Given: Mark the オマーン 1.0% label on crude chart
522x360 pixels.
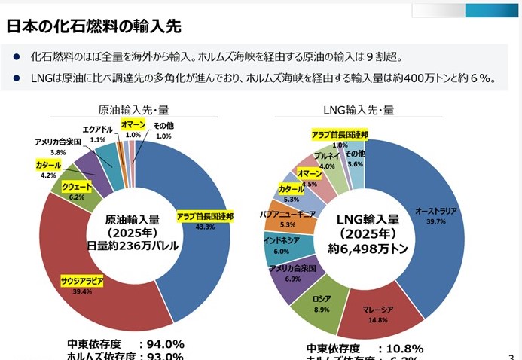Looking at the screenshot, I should [x=133, y=125].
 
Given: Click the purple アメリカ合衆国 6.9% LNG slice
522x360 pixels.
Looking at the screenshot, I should [x=292, y=273].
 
